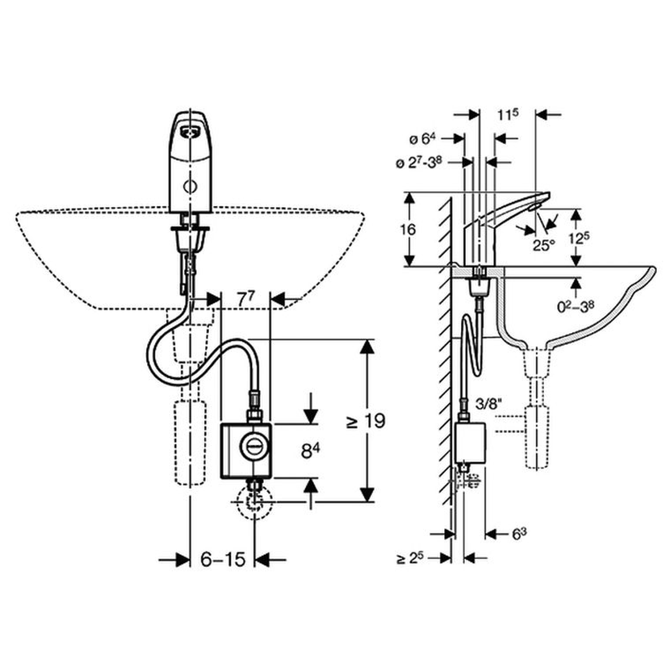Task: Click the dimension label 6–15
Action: click(x=223, y=559)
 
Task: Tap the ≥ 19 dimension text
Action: click(x=366, y=421)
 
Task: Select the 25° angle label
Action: click(x=543, y=245)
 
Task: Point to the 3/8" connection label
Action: click(x=489, y=404)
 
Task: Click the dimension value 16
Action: click(x=408, y=230)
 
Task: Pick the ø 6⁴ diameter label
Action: click(x=422, y=138)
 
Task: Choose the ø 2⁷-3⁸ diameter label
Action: click(x=418, y=163)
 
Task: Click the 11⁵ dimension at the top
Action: click(x=507, y=115)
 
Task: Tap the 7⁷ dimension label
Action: click(x=246, y=299)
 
